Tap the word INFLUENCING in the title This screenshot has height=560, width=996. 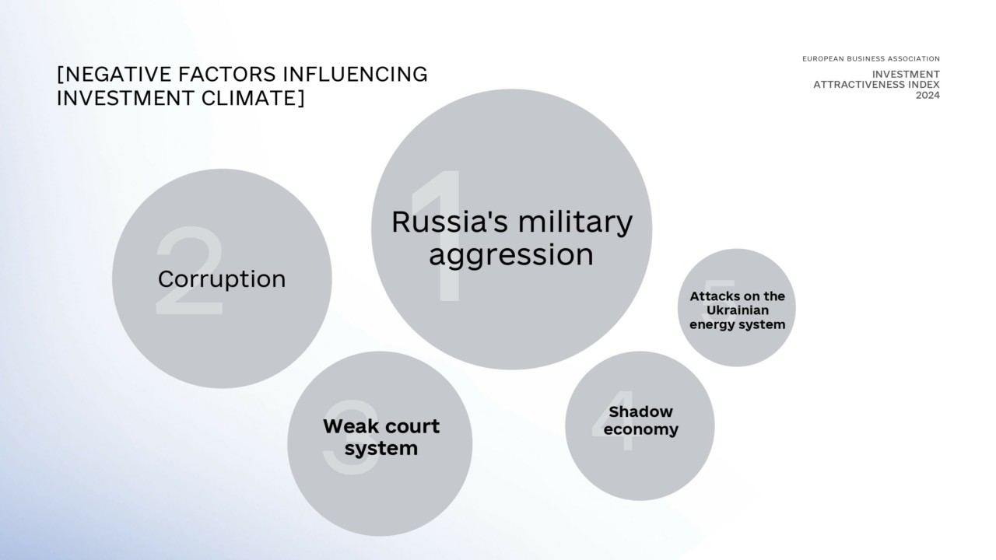356,74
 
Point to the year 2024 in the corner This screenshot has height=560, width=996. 928,96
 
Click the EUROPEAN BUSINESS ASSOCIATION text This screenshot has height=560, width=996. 871,58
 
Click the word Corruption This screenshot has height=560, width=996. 222,280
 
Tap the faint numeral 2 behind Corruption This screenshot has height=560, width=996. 189,271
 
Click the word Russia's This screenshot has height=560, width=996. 450,222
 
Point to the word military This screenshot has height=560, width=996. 575,223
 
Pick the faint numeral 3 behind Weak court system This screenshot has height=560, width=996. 351,437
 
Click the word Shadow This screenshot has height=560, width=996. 640,412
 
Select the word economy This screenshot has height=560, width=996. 640,430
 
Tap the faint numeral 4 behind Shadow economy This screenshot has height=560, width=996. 614,421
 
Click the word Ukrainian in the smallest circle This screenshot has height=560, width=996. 737,310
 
